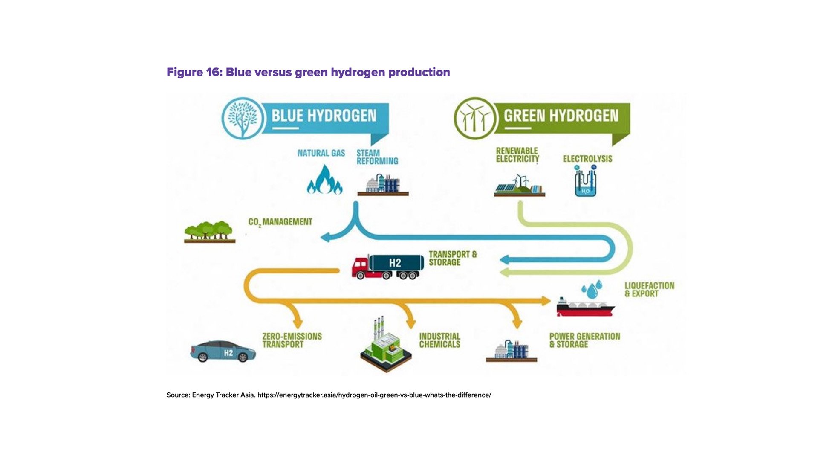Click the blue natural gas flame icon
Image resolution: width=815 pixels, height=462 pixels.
click(324, 180)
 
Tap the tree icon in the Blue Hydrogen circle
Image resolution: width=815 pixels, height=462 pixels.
click(243, 118)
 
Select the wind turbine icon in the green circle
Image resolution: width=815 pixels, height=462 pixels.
click(474, 118)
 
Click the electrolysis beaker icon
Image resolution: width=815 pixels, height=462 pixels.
click(585, 181)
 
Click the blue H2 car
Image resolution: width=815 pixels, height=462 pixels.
click(223, 351)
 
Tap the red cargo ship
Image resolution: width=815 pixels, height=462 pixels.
click(585, 307)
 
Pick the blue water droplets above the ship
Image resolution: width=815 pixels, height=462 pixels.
click(592, 289)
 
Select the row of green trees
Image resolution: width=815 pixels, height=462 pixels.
click(209, 232)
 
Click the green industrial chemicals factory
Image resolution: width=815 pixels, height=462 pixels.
click(386, 346)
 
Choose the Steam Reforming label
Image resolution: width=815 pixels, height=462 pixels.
click(377, 157)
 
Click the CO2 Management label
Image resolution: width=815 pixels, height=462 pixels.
click(280, 222)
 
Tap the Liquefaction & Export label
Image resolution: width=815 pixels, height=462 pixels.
click(649, 290)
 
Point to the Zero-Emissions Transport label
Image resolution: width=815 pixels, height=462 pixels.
click(292, 340)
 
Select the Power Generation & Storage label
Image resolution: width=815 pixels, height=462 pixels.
click(584, 340)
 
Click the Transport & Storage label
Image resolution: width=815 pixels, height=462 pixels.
click(452, 258)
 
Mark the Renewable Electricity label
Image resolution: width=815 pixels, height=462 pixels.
click(517, 155)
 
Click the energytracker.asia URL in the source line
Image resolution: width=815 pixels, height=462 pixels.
click(374, 395)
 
